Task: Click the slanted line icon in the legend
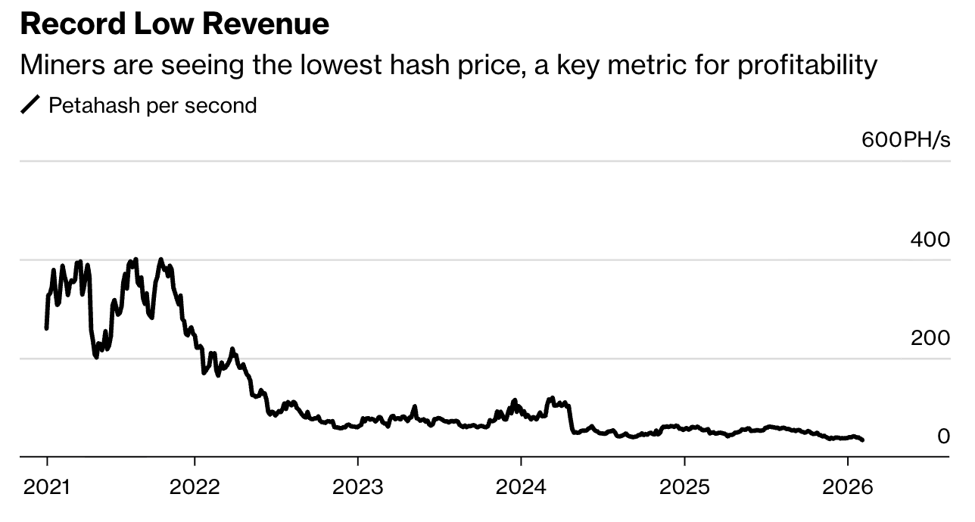click(30, 105)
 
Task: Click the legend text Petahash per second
click(152, 105)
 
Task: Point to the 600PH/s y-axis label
click(905, 140)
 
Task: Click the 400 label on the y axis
click(930, 240)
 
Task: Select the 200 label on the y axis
click(930, 338)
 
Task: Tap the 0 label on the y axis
click(943, 437)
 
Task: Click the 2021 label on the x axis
click(47, 486)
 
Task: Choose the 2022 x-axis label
click(195, 486)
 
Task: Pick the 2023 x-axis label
click(358, 486)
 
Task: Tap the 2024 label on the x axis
click(521, 486)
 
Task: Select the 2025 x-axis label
click(684, 486)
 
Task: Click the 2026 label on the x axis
click(848, 486)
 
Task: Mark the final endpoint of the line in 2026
click(863, 440)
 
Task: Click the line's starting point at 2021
click(47, 328)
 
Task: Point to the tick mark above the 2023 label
click(358, 461)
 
